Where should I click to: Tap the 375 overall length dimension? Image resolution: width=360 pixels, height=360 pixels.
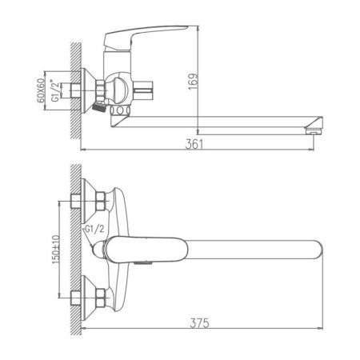[201, 323]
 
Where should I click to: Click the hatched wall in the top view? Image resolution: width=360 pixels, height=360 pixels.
[75, 248]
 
